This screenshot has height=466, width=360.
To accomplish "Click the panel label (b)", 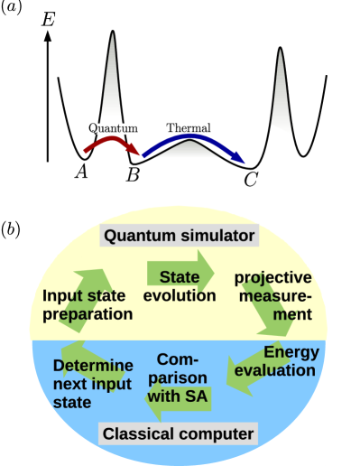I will click(14, 228).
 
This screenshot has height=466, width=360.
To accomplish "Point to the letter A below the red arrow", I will click(80, 171).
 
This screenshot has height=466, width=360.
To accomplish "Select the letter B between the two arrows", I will click(133, 172).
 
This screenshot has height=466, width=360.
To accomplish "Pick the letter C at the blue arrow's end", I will click(251, 179).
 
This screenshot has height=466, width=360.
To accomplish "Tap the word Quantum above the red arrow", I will click(112, 128).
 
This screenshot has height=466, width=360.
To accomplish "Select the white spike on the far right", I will click(282, 95).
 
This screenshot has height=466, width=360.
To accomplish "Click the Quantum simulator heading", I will click(180, 237).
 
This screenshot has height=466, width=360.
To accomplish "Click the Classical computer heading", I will click(178, 434).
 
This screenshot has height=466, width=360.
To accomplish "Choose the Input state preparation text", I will click(88, 304).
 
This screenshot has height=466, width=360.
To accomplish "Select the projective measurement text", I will click(272, 295).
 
